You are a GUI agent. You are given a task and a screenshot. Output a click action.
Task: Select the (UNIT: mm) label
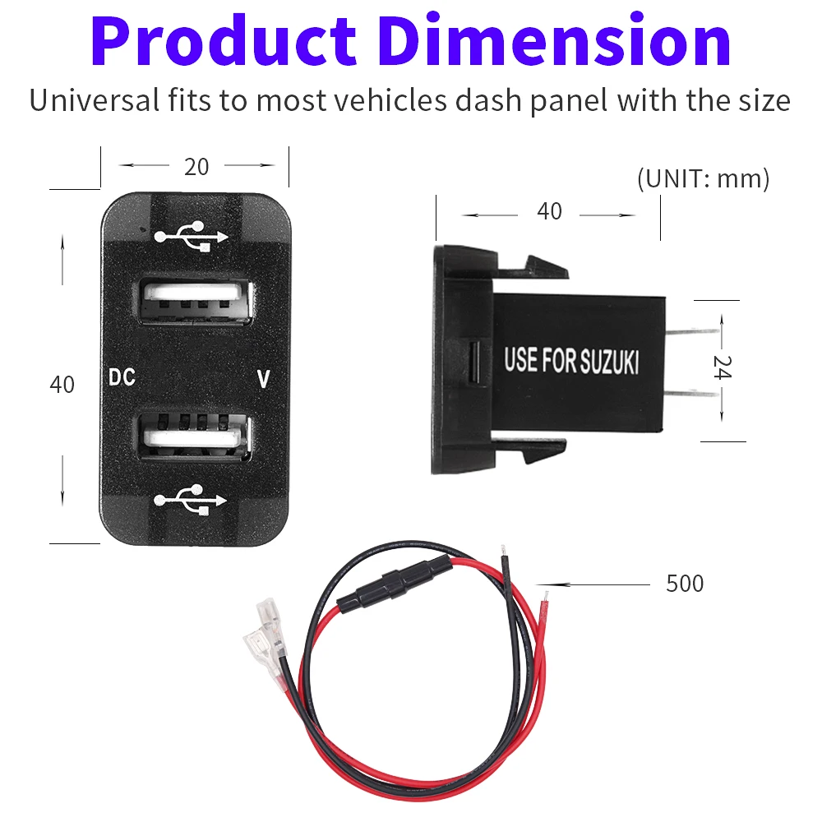[703, 178]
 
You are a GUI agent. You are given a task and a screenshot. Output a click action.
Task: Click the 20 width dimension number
[196, 167]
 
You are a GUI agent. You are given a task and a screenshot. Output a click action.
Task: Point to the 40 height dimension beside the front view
[62, 384]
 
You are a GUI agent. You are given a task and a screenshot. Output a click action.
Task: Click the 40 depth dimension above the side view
[549, 212]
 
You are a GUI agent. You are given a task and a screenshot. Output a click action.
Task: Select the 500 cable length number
[684, 584]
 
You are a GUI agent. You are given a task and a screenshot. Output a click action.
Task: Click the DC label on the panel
[122, 379]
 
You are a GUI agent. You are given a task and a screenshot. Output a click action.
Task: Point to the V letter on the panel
[263, 379]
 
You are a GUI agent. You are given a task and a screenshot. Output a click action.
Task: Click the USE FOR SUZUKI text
[570, 360]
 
